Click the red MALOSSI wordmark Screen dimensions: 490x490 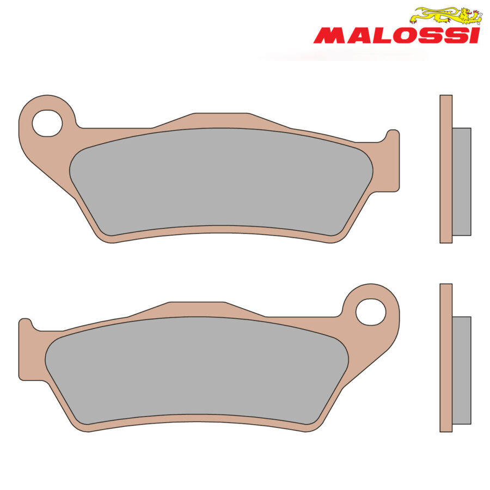[396, 35]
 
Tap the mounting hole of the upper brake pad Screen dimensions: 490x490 [47, 122]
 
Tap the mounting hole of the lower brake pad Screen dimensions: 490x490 [371, 312]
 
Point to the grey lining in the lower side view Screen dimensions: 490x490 [462, 370]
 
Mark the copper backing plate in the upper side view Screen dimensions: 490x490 [445, 169]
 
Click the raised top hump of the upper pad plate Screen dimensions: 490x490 [220, 120]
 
